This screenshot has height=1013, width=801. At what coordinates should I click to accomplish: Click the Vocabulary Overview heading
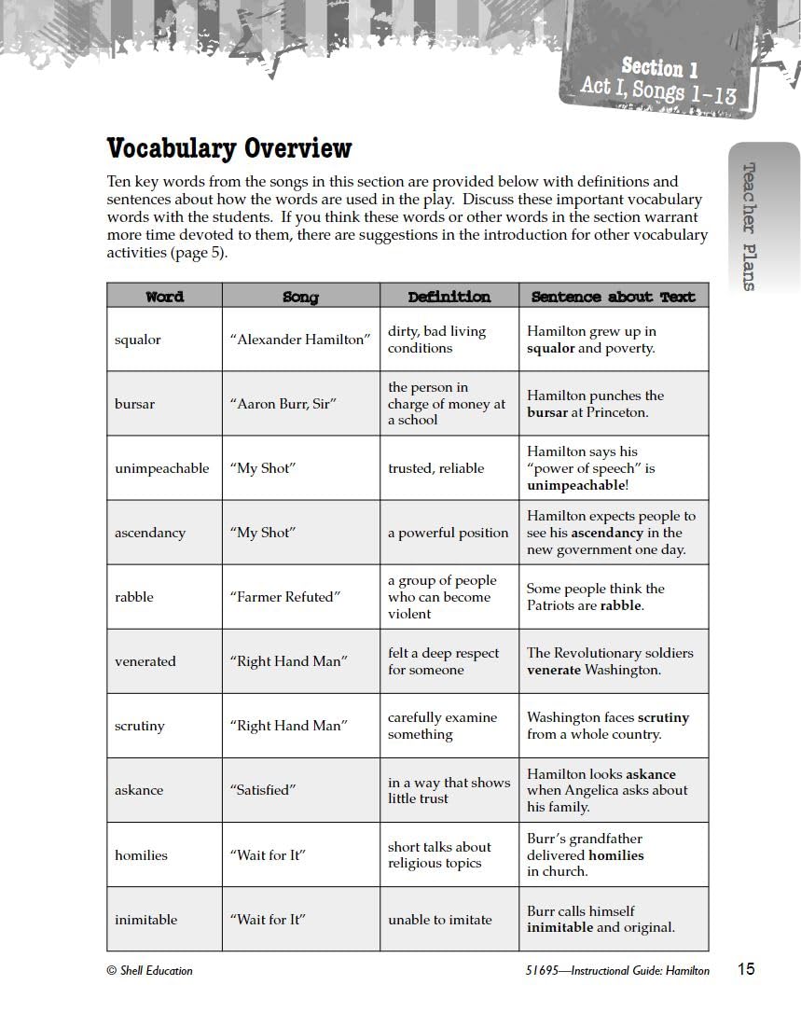pyautogui.click(x=229, y=148)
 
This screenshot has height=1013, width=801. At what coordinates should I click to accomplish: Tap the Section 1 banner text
pyautogui.click(x=659, y=68)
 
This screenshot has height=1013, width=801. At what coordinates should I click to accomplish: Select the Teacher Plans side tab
pyautogui.click(x=748, y=227)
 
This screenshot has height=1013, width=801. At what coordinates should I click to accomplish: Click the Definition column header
pyautogui.click(x=449, y=297)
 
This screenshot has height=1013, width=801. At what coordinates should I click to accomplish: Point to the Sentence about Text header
pyautogui.click(x=613, y=297)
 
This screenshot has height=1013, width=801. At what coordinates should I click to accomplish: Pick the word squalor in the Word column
pyautogui.click(x=138, y=340)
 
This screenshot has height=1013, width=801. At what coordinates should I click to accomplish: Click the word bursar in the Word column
pyautogui.click(x=134, y=404)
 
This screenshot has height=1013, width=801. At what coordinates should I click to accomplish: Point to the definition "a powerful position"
pyautogui.click(x=448, y=533)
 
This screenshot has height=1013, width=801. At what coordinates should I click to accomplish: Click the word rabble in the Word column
pyautogui.click(x=133, y=597)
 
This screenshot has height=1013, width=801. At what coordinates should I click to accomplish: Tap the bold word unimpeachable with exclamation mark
pyautogui.click(x=577, y=485)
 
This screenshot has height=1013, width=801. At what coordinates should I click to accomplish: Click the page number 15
pyautogui.click(x=746, y=969)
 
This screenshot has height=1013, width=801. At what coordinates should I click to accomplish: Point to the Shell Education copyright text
pyautogui.click(x=150, y=971)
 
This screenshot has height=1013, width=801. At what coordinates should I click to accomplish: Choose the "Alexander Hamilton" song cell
pyautogui.click(x=300, y=340)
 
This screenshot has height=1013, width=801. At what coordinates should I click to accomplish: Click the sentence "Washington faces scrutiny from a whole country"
pyautogui.click(x=608, y=726)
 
